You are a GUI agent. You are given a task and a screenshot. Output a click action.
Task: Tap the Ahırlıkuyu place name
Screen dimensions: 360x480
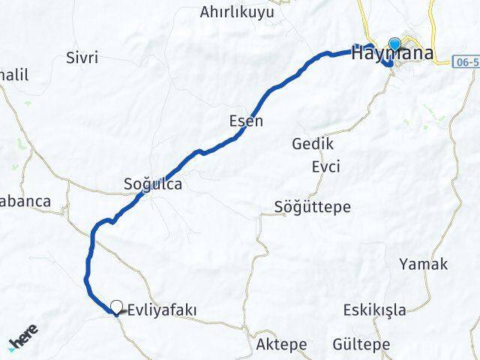pyautogui.click(x=237, y=12)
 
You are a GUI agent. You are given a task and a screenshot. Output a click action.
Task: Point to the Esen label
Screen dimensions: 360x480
pyautogui.click(x=246, y=121)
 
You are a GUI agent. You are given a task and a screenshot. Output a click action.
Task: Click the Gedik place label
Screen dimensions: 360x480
pyautogui.click(x=313, y=144)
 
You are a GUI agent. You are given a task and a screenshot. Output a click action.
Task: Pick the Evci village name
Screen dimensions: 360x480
pyautogui.click(x=325, y=166)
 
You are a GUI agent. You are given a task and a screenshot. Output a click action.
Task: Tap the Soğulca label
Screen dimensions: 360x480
pyautogui.click(x=153, y=183)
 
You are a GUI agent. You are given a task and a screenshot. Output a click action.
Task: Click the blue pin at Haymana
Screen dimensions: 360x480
pyautogui.click(x=394, y=43)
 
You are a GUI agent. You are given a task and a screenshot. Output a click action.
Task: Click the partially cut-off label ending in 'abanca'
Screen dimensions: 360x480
pyautogui.click(x=25, y=201)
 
